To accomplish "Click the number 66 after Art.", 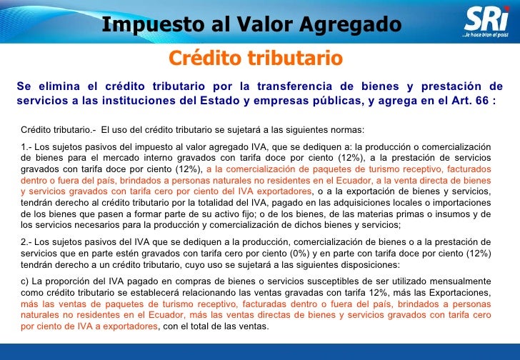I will (481, 100).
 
